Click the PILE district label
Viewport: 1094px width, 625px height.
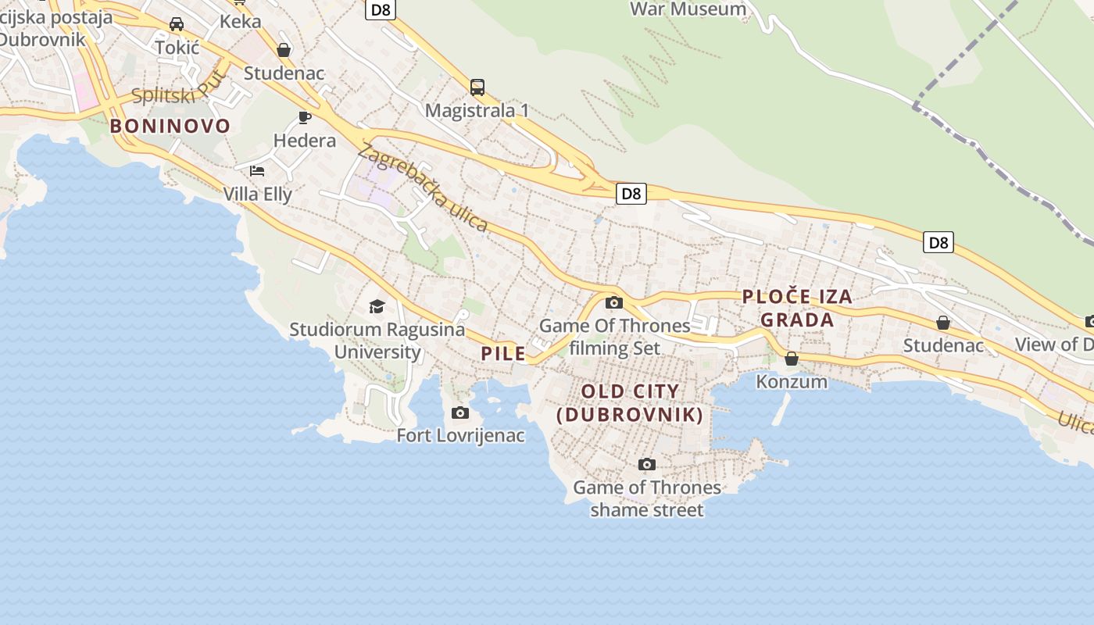[503, 354]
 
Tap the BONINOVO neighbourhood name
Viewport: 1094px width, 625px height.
[170, 126]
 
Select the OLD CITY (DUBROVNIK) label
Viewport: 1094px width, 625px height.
[630, 403]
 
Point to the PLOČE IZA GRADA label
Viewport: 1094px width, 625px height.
[796, 308]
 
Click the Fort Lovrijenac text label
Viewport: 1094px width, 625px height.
[460, 435]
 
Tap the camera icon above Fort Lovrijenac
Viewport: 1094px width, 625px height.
[460, 412]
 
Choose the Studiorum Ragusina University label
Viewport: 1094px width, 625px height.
[377, 341]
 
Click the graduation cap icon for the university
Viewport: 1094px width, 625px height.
[377, 306]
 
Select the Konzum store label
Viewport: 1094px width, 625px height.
[792, 381]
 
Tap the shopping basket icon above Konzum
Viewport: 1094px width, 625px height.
[792, 359]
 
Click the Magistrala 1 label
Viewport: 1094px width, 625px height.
[477, 110]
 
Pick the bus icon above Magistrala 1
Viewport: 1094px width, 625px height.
[477, 87]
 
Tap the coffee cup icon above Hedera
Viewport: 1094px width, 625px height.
[305, 118]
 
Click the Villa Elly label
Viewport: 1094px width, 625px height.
[258, 194]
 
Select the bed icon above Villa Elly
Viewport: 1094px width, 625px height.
[257, 170]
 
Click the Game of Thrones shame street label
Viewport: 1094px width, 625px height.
[647, 498]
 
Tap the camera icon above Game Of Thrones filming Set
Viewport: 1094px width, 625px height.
[614, 302]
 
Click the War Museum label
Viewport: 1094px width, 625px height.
[688, 9]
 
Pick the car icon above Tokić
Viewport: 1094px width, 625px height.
[177, 24]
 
